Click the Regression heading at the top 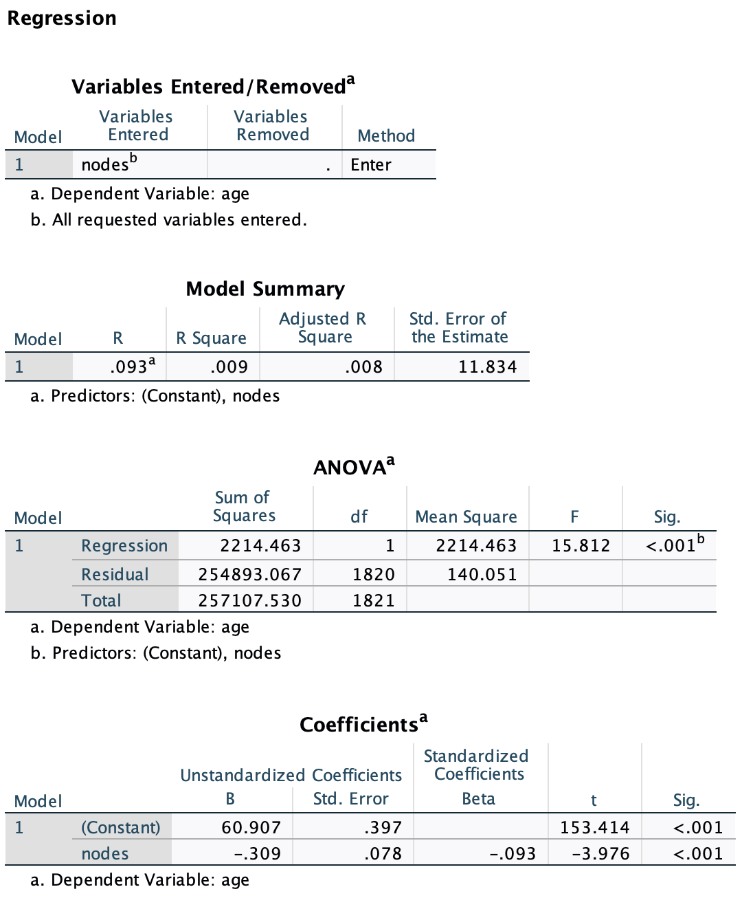62,19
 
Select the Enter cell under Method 371,165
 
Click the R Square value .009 229,366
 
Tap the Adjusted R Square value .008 363,366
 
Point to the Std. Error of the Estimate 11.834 487,366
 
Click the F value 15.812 581,546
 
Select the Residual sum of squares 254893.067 249,574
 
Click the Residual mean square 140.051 482,574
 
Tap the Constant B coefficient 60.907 251,828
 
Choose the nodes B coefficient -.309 257,854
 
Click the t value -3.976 600,854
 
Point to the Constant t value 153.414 594,828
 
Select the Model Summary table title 265,289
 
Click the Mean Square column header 466,517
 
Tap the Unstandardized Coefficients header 291,776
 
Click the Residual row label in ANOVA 115,574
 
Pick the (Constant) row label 120,828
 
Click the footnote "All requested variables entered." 179,220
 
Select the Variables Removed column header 272,126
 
